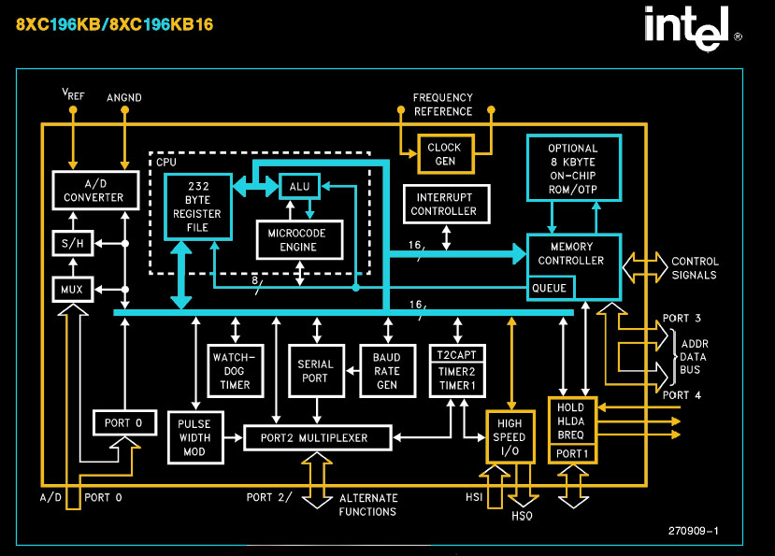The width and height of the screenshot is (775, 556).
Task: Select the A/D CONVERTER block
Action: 93,190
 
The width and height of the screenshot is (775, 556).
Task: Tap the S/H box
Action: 71,245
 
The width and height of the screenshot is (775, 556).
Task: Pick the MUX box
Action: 71,290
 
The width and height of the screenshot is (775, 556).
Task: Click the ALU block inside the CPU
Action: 299,186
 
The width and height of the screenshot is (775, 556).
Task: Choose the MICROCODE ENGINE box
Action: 298,240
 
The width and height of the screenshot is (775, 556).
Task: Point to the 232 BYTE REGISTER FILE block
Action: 196,207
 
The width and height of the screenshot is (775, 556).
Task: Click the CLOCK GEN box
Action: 444,154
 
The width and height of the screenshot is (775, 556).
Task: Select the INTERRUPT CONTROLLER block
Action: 444,205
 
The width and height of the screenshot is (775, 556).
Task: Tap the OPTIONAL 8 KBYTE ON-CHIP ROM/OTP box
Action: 573,168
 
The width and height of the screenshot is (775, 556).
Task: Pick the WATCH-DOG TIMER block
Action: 227,370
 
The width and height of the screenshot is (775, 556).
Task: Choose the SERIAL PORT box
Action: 315,371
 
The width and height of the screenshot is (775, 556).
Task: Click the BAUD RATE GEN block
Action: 386,370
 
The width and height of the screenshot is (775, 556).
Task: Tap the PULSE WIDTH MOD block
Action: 194,437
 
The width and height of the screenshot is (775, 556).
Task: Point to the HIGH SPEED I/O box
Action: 510,436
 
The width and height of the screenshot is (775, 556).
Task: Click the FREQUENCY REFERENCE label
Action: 443,105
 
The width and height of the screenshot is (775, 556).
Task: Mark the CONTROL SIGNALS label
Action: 695,268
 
